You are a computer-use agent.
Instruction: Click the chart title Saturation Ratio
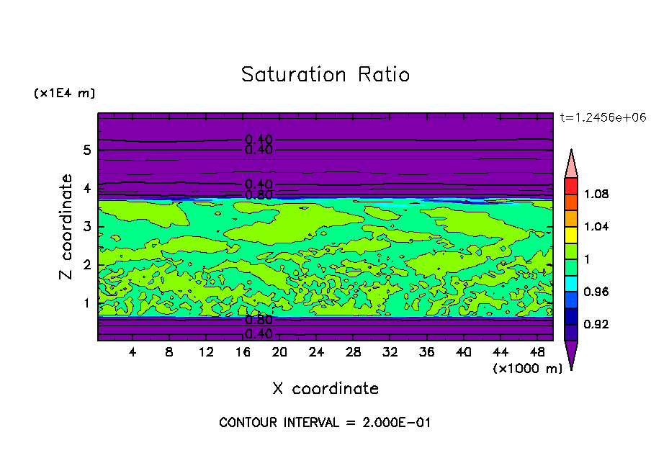pos(325,75)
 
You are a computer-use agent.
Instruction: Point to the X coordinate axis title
pos(325,389)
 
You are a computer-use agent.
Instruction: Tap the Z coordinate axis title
pos(67,227)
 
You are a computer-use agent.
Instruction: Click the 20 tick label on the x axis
pos(279,352)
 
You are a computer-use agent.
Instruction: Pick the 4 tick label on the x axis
pos(133,352)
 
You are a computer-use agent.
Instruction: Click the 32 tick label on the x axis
pos(390,352)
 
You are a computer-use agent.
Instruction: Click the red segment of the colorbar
pos(570,186)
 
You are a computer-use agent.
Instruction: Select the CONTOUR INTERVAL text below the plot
pos(325,423)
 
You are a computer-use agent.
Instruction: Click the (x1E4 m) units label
pos(64,94)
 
